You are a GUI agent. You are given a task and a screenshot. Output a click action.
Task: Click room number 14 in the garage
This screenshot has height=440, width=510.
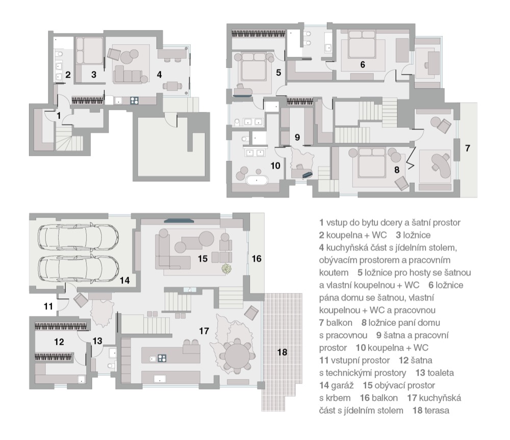(124, 280)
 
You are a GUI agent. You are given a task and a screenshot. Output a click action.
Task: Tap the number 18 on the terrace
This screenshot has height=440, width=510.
(282, 352)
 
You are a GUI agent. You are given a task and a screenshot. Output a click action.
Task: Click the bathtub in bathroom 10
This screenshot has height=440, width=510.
(257, 180)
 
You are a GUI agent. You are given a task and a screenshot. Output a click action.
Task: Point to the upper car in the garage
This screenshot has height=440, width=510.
(78, 236)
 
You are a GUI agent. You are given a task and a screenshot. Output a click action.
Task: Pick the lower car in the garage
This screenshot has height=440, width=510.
(78, 267)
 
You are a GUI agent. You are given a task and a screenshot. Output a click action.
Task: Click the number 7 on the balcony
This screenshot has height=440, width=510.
(467, 148)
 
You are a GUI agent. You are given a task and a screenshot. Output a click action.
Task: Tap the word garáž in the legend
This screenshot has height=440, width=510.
(342, 385)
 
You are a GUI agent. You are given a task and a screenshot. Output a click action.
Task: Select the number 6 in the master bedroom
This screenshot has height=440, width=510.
(363, 64)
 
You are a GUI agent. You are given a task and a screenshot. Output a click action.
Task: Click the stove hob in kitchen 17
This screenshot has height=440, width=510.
(162, 358)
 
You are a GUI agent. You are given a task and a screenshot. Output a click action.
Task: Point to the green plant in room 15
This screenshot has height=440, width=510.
(226, 269)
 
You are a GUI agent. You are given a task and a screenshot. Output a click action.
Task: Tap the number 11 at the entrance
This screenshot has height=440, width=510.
(48, 306)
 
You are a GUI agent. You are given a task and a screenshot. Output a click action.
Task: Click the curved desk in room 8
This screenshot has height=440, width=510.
(442, 163)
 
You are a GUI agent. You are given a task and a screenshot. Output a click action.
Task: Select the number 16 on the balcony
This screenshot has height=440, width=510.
(257, 258)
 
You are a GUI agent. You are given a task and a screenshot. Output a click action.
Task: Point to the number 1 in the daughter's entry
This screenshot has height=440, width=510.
(59, 115)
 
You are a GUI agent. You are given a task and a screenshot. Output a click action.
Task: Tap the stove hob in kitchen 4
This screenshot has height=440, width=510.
(134, 101)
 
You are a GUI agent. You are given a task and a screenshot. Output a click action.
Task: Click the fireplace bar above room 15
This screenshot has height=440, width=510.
(179, 221)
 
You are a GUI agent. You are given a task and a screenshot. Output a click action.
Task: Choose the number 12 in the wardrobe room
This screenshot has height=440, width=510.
(59, 342)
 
